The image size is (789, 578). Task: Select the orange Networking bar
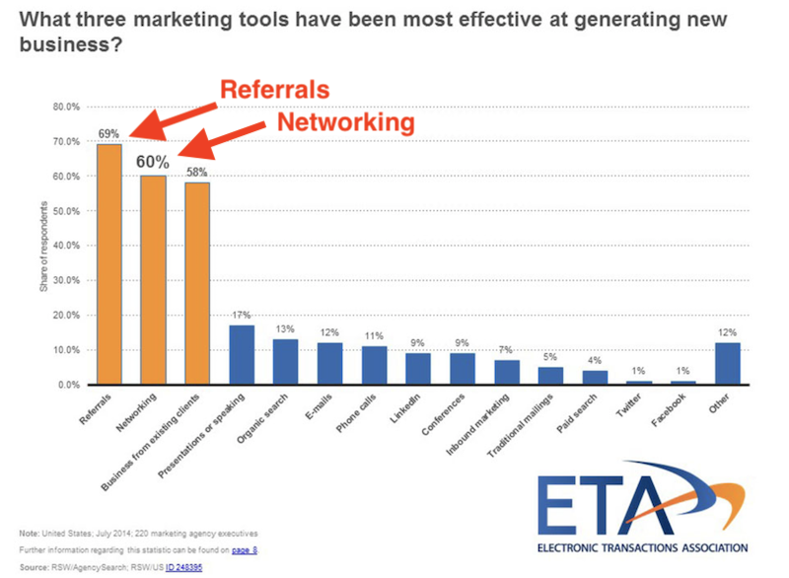(x=153, y=280)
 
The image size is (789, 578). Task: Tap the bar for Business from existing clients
(x=196, y=284)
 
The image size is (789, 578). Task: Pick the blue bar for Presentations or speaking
(x=242, y=355)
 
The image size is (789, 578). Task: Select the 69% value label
(x=108, y=132)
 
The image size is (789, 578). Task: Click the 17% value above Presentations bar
(x=242, y=315)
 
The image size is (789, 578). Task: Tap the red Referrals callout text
(x=273, y=90)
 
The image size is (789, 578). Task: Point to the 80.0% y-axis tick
(x=65, y=107)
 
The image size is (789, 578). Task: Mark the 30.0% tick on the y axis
(x=65, y=280)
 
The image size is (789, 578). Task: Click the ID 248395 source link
(x=183, y=567)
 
